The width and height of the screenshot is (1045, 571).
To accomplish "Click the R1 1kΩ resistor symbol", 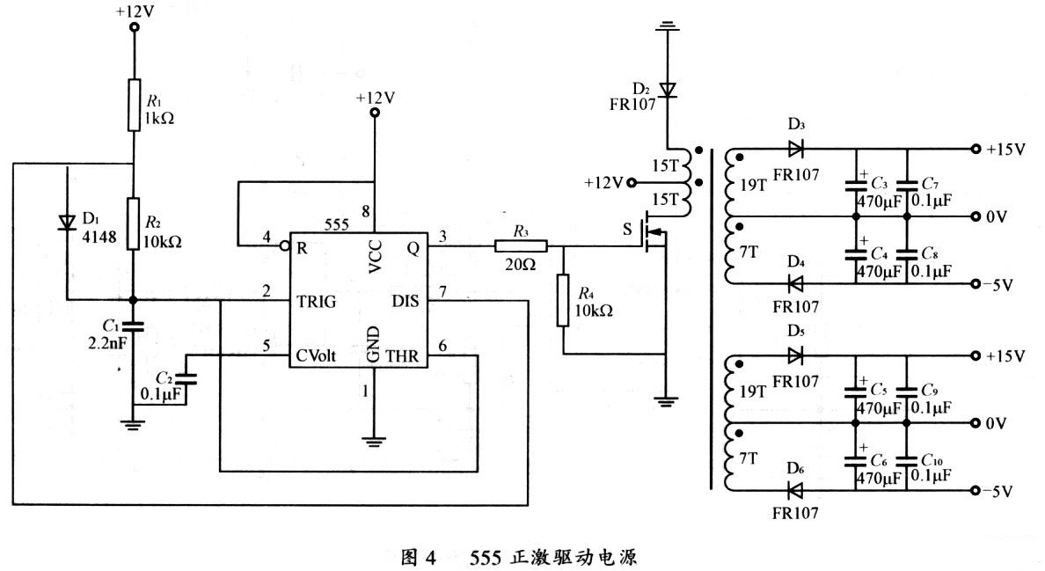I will pos(134,105).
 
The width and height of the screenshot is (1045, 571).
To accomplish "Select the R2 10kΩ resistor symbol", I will pos(134,224).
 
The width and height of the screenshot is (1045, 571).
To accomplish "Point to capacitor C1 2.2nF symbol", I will pos(134,327).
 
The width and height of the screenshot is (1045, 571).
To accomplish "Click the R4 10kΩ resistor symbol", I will pos(564,301).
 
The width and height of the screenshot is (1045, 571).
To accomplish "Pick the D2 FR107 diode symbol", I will pos(668,90).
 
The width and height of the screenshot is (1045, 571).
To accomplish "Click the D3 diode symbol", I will pos(796,149).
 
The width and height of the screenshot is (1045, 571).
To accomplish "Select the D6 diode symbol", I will pos(796,489).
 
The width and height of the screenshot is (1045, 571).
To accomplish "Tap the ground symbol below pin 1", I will pos(376,439).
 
